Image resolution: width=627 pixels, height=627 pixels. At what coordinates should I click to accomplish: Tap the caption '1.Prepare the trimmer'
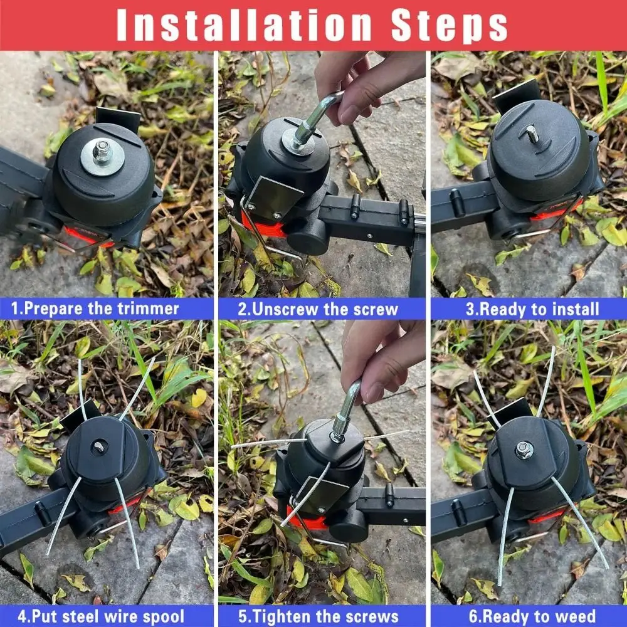96,308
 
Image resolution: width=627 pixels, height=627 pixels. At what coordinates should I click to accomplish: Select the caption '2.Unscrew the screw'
318,308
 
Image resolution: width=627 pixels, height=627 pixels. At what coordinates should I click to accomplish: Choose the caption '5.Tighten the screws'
319,616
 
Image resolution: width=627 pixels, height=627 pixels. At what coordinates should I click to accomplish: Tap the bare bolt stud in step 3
532,134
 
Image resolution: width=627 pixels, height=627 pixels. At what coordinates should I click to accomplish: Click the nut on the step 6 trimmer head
524,449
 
